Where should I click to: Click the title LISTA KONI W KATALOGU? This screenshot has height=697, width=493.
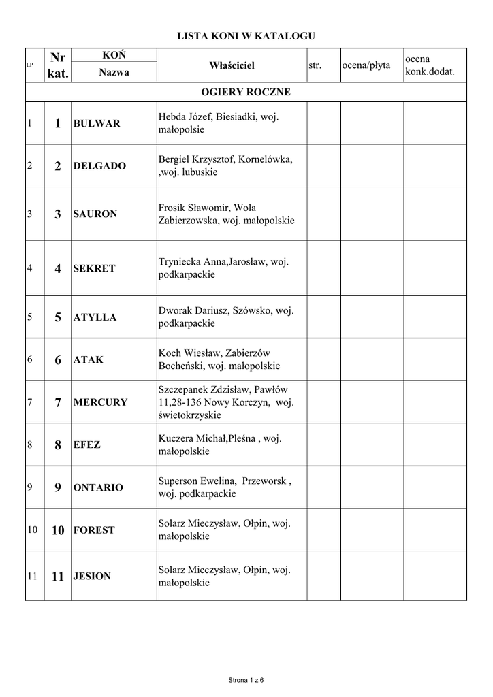click(246, 35)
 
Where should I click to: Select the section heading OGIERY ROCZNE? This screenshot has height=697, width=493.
click(246, 92)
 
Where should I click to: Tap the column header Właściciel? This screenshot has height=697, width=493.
click(232, 65)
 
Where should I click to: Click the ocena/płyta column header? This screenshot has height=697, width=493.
click(366, 65)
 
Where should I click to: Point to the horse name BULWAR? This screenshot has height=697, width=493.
click(97, 123)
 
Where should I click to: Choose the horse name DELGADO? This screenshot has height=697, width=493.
click(99, 166)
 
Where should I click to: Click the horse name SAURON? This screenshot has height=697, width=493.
click(95, 214)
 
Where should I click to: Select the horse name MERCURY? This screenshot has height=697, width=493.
click(100, 402)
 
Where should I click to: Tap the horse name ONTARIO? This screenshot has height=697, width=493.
click(98, 487)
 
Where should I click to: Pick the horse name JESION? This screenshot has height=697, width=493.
click(92, 576)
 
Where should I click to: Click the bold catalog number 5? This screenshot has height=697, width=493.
click(58, 317)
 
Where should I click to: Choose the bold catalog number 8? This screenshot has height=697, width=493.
click(58, 445)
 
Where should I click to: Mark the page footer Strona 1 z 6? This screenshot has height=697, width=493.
click(246, 679)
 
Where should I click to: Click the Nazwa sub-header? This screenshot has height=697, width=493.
click(114, 72)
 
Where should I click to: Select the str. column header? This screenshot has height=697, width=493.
click(315, 65)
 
